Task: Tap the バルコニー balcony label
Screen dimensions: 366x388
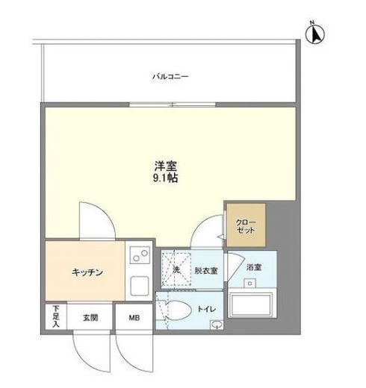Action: point(170,76)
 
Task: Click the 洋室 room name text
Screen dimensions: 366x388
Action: point(165,166)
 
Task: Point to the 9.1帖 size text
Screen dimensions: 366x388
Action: point(165,178)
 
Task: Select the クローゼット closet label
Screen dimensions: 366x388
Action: point(246,226)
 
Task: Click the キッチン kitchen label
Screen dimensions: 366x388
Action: point(87,272)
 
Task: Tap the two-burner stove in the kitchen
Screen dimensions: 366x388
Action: point(140,255)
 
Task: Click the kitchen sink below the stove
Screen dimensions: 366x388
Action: point(140,286)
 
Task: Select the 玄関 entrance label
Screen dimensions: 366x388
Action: point(90,318)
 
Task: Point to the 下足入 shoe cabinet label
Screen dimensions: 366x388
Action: point(56,316)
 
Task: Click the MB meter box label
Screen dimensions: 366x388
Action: point(134,318)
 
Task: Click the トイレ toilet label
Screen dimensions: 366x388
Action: point(206,309)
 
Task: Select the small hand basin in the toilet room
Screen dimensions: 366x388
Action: point(217,325)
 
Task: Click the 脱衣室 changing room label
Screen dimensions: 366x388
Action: point(206,271)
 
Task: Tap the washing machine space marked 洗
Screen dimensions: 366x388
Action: point(176,269)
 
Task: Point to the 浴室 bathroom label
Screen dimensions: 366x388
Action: point(254,267)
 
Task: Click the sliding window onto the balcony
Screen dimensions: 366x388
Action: point(173,104)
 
